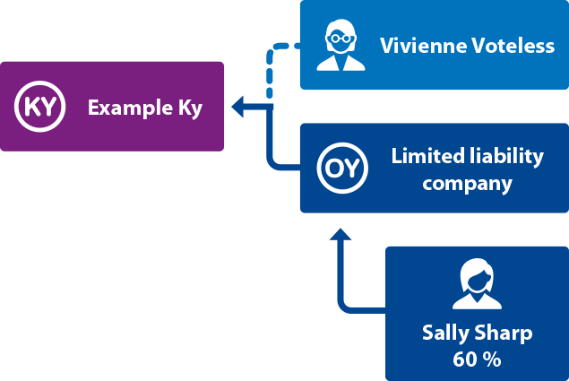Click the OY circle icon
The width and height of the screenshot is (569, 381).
click(342, 168)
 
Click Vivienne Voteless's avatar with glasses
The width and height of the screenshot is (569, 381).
click(341, 46)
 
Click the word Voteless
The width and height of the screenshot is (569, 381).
click(508, 46)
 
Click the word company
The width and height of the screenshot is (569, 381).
click(467, 185)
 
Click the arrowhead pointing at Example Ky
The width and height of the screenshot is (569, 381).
click(238, 108)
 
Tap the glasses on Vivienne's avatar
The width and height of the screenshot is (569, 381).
click(341, 39)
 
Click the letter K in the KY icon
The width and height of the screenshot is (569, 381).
click(31, 107)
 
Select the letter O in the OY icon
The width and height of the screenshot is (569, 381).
click(334, 168)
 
